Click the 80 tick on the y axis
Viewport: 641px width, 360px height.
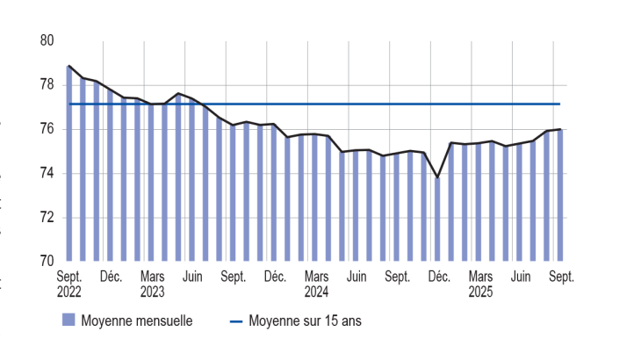(x=47, y=41)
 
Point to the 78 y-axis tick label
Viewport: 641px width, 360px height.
(x=47, y=85)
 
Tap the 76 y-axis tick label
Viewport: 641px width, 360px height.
(x=47, y=129)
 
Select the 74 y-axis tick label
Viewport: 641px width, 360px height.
(x=47, y=173)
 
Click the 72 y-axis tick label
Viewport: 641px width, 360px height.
(x=47, y=217)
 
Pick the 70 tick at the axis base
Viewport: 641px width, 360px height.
(x=47, y=261)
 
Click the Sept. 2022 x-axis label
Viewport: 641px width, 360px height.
(x=69, y=284)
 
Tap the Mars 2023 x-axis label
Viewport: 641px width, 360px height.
(x=152, y=284)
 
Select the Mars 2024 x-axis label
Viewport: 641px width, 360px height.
(x=316, y=284)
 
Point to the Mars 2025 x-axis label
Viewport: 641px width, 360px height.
(x=480, y=284)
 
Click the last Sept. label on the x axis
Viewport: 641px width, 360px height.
(x=561, y=277)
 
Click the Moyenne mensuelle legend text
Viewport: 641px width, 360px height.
(x=136, y=321)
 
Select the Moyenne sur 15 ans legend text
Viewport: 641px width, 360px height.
(x=305, y=321)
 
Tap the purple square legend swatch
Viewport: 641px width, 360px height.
(x=68, y=321)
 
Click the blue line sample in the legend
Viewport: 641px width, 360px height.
(x=235, y=321)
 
